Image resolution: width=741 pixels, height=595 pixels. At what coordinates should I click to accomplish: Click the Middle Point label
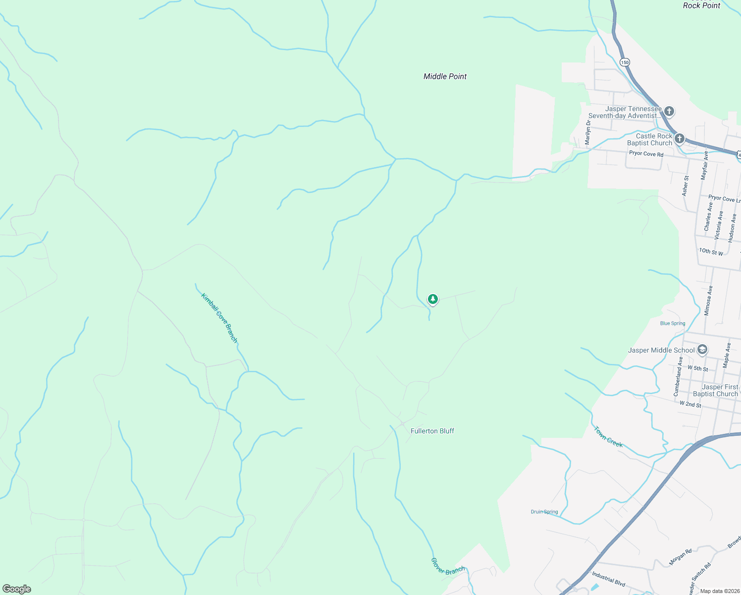coord(445,76)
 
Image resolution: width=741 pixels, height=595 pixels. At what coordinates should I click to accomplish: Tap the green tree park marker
coord(433,299)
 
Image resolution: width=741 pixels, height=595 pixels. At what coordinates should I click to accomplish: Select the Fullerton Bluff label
coord(432,431)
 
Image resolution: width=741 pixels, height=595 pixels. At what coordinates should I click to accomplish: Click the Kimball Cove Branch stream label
coord(219,318)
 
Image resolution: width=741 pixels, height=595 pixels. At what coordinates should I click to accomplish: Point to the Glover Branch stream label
coord(448,567)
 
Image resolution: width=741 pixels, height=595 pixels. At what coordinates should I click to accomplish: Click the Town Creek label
coord(608,437)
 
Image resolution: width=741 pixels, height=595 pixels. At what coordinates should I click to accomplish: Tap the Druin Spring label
coord(544,512)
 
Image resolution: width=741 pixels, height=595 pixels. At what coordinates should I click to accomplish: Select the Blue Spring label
coord(673,323)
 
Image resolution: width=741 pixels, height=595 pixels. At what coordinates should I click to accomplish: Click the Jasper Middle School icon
coord(702,350)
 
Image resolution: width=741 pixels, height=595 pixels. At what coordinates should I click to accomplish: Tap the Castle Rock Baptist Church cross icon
coord(680,139)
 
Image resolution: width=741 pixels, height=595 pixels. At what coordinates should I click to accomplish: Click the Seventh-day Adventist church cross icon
coord(669,111)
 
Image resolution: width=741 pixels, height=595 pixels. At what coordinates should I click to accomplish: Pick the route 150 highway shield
coord(625,62)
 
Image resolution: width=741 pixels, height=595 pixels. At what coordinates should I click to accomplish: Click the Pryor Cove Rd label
coord(646,154)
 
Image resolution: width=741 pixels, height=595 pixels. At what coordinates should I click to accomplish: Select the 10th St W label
coord(711,252)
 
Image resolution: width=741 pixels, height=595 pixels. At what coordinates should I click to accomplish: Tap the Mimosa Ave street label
coord(709,300)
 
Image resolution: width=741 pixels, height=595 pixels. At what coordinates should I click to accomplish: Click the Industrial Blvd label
coord(608,578)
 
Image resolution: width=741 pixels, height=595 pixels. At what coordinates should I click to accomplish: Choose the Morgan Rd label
coord(681,557)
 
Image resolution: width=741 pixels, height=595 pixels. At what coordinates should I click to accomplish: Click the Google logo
coord(17,589)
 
